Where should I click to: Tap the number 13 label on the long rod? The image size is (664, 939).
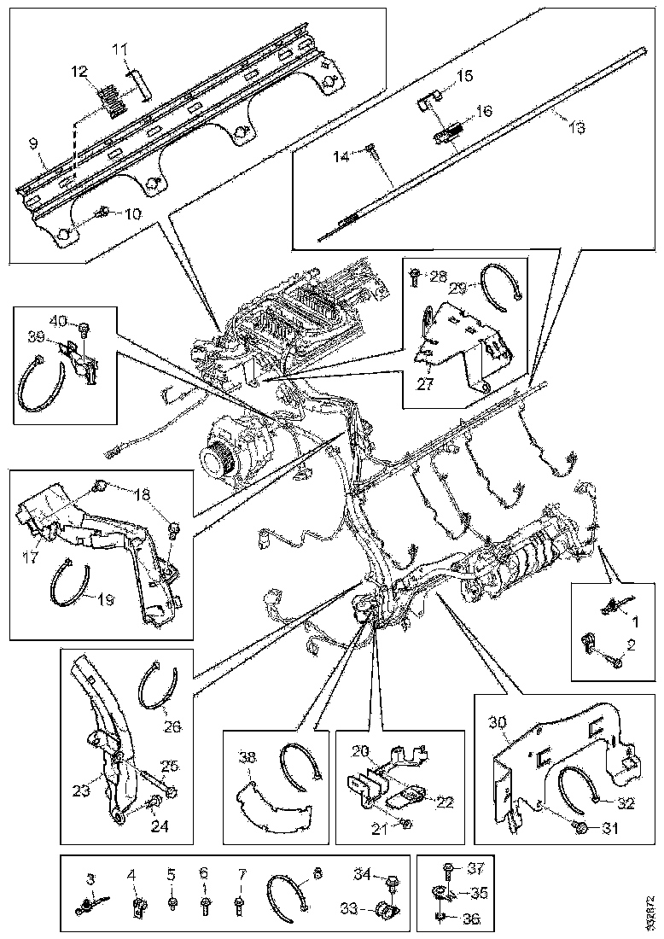pos(577,127)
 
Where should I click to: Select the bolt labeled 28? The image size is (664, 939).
pos(414,275)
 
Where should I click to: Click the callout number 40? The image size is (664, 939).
pos(58,323)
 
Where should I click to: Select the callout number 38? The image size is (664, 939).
pos(248,757)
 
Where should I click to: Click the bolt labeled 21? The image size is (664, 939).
pos(406,823)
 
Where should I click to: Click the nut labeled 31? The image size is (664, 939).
pos(580,828)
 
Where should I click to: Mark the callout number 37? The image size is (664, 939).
pos(475,868)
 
